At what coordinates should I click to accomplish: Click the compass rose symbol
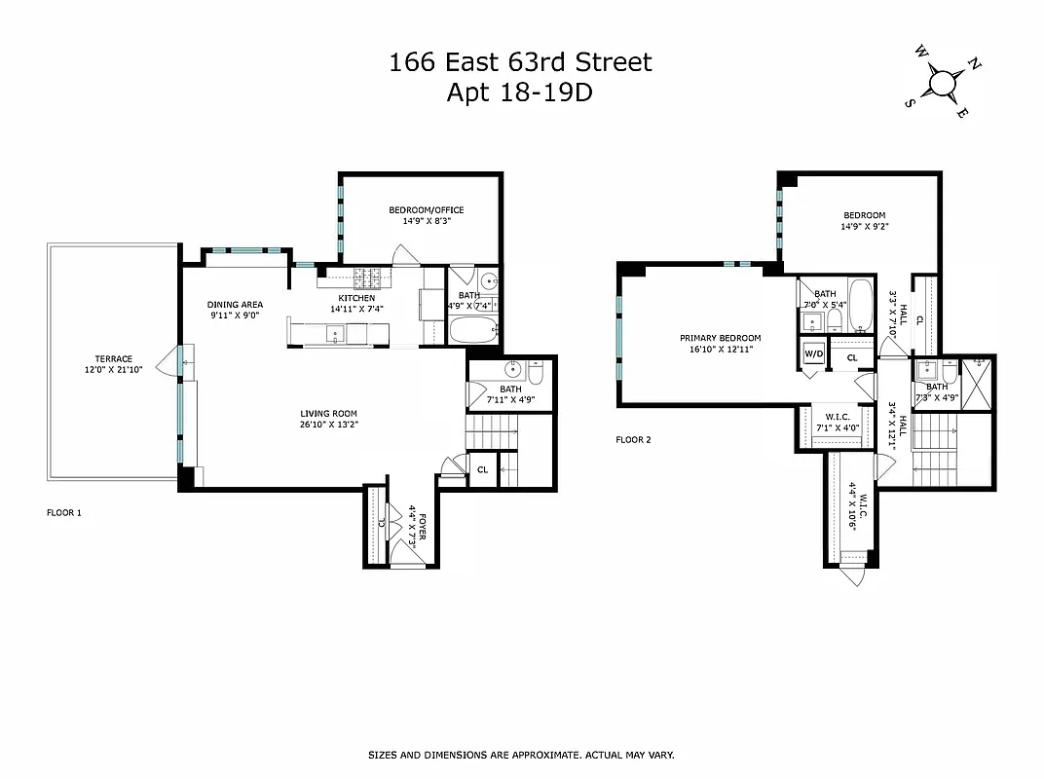(x=942, y=82)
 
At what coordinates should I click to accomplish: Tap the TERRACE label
(x=113, y=358)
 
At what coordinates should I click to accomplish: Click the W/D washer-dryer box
(x=812, y=354)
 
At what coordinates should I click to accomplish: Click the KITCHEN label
(x=356, y=298)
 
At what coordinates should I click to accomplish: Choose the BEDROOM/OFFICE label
(x=426, y=210)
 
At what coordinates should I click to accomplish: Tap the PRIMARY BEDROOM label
(x=716, y=338)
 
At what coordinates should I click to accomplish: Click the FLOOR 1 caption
(x=64, y=511)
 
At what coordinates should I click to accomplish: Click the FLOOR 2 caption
(x=633, y=439)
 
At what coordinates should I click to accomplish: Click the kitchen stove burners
(x=370, y=276)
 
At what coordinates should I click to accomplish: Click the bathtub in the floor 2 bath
(x=860, y=299)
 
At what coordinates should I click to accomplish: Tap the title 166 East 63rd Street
(x=520, y=63)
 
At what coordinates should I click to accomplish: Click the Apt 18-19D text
(x=520, y=93)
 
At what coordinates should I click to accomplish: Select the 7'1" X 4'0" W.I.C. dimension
(x=831, y=426)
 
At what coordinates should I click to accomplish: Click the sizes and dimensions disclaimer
(x=520, y=755)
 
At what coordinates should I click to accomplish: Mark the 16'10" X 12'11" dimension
(x=716, y=349)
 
